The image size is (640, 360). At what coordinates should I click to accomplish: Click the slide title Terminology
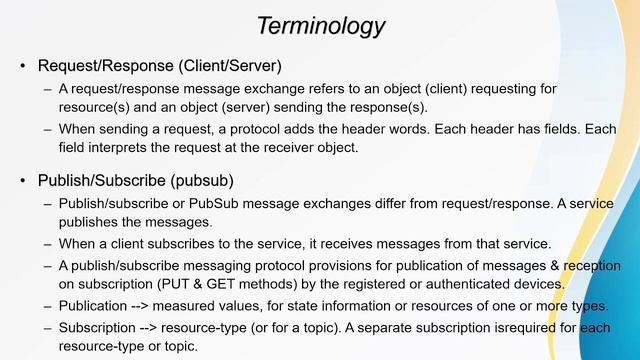[319, 24]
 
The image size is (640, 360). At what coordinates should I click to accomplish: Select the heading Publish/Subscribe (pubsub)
[136, 181]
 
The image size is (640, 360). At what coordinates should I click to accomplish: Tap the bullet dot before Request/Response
[23, 67]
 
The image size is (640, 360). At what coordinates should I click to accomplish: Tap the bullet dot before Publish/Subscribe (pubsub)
[23, 181]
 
